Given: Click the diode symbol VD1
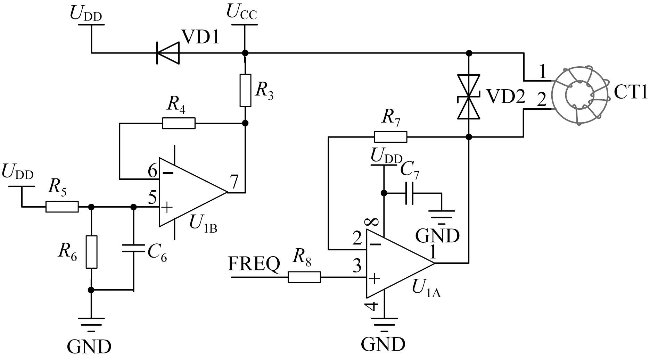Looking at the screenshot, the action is tap(168, 53).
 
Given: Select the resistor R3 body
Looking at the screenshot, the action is tap(245, 90).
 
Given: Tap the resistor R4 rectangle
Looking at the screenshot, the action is tap(179, 123).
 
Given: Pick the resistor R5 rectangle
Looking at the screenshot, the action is tap(62, 207).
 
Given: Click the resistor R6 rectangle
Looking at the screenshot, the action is tap(91, 252).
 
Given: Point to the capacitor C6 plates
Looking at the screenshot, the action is tap(133, 248).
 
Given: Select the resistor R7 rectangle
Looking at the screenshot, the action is tap(390, 137).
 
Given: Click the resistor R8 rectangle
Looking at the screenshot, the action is tap(304, 277).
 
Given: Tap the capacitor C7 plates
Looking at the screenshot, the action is tap(409, 193).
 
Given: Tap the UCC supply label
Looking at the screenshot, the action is tap(242, 12).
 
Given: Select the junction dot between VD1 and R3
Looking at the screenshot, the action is tap(245, 53).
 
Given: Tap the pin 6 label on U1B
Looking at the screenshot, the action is tap(152, 171).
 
